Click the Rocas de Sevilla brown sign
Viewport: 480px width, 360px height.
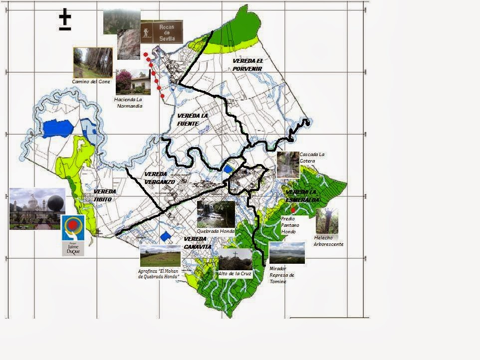point(161,32)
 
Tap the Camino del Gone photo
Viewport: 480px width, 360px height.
point(93,62)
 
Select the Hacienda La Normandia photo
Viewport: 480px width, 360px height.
point(133,82)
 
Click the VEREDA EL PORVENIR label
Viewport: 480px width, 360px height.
point(247,64)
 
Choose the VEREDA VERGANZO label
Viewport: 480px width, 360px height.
point(160,178)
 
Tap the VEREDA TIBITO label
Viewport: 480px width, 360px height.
point(105,195)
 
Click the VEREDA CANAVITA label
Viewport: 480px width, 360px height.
point(198,243)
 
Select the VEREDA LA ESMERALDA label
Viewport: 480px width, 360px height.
point(302,196)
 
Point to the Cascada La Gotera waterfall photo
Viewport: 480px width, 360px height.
point(288,165)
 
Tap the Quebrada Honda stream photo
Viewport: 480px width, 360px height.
point(216,214)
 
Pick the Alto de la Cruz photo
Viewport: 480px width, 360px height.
point(235,259)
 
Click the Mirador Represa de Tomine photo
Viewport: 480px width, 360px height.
point(287,253)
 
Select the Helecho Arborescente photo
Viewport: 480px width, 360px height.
point(327,221)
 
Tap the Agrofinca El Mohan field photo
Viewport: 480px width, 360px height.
point(160,256)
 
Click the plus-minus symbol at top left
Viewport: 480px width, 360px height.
point(65,20)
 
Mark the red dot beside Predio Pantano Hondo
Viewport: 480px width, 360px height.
point(293,210)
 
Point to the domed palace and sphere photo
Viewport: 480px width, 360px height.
point(37,208)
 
